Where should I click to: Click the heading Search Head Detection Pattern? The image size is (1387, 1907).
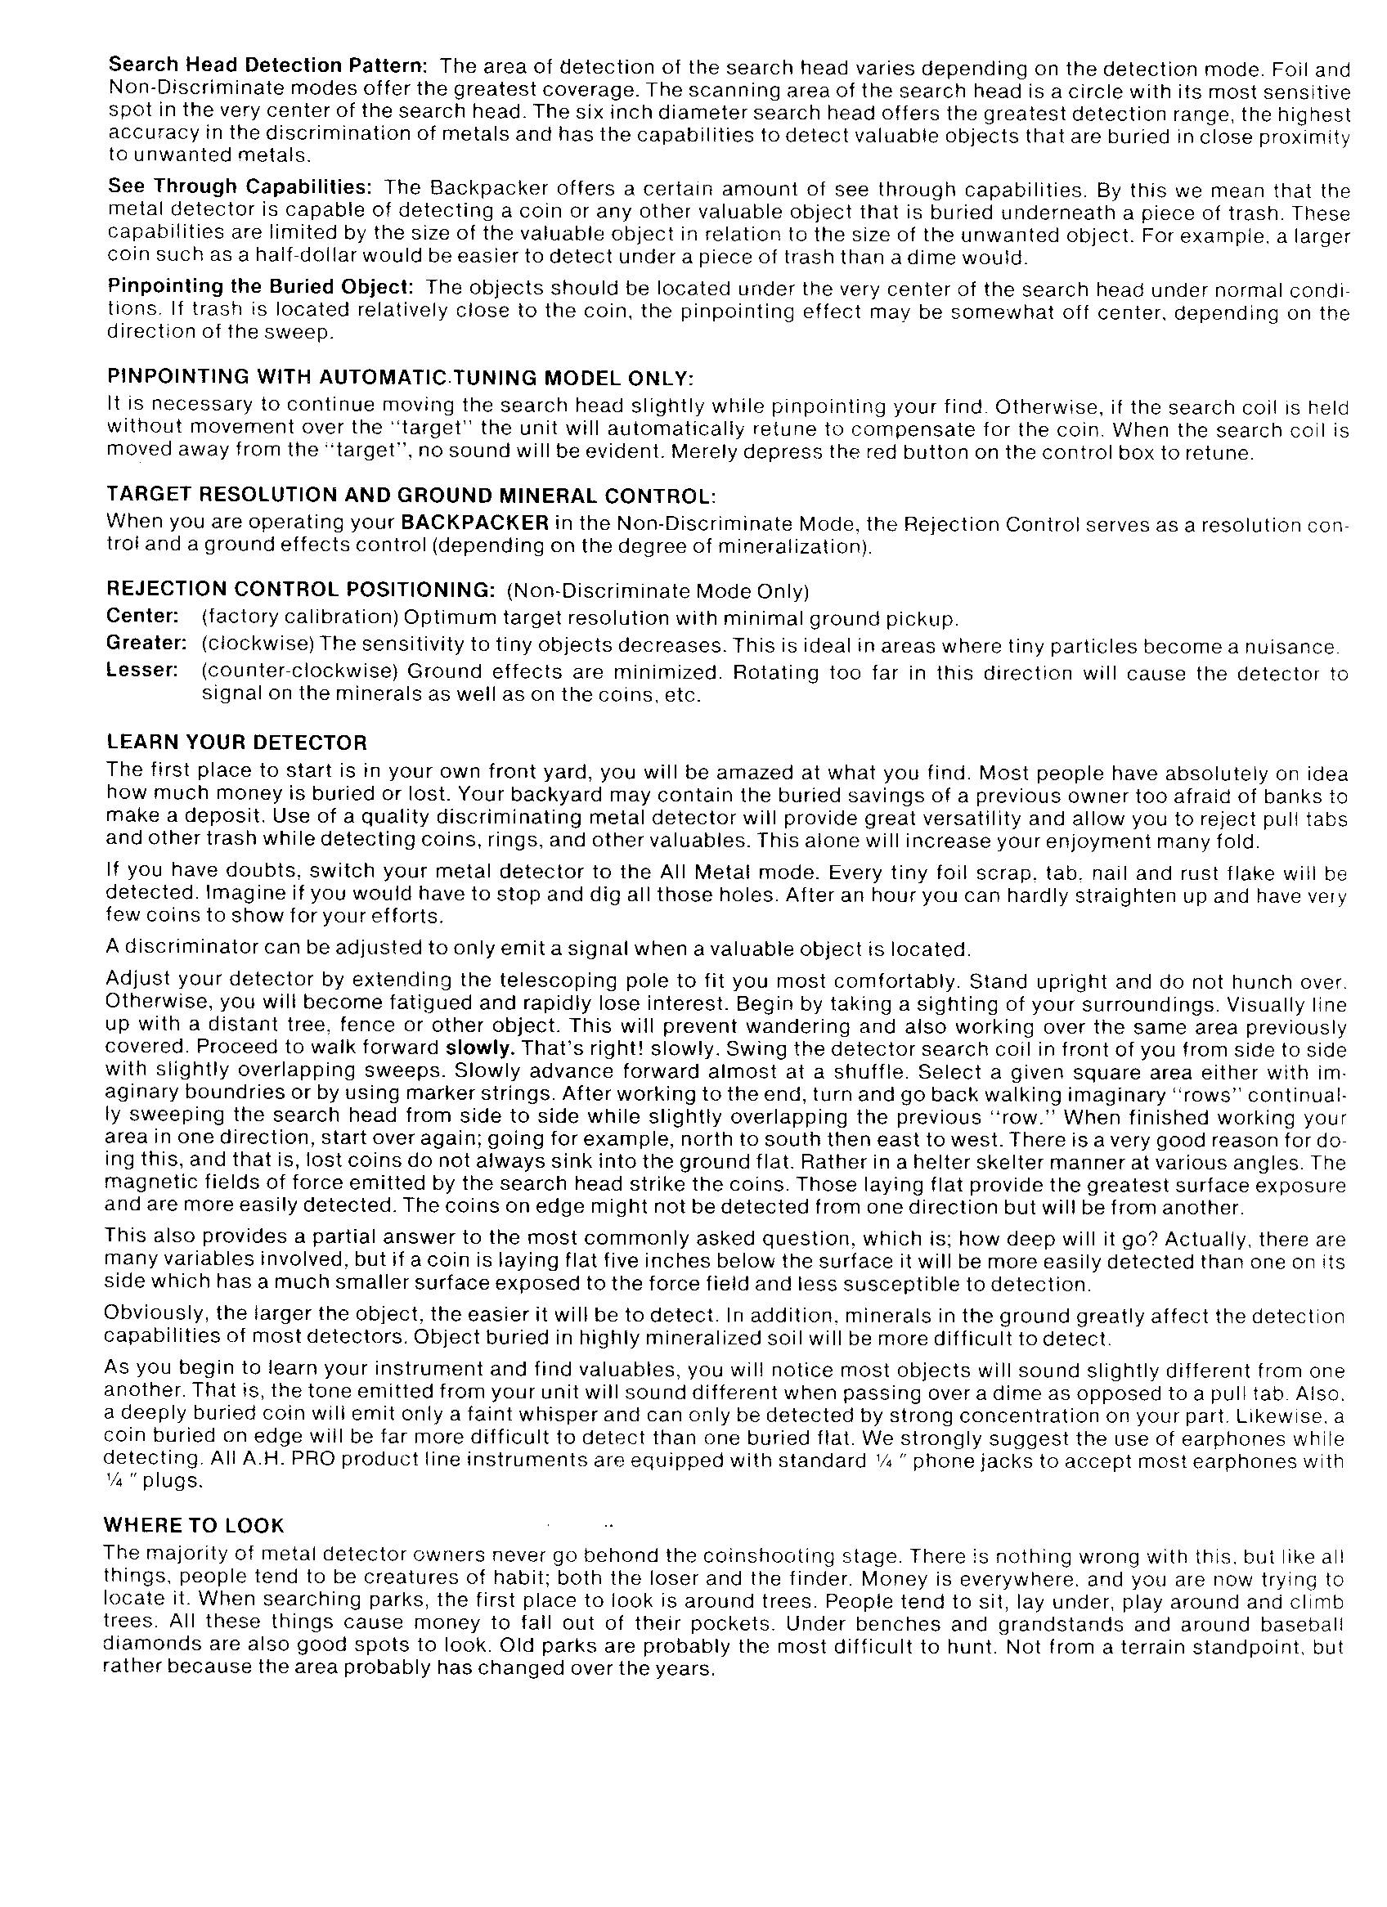[269, 66]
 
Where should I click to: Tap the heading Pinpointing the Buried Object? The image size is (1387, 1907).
[260, 287]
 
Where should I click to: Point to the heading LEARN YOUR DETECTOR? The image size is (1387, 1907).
[237, 743]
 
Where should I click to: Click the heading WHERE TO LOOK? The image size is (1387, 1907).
[195, 1525]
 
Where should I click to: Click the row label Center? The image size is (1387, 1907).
[143, 617]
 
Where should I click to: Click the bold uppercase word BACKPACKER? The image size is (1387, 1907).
[475, 523]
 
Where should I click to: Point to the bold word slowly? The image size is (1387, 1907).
[479, 1049]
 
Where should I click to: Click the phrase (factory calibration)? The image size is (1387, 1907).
[298, 618]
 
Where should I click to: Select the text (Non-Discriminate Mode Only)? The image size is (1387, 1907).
[658, 590]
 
